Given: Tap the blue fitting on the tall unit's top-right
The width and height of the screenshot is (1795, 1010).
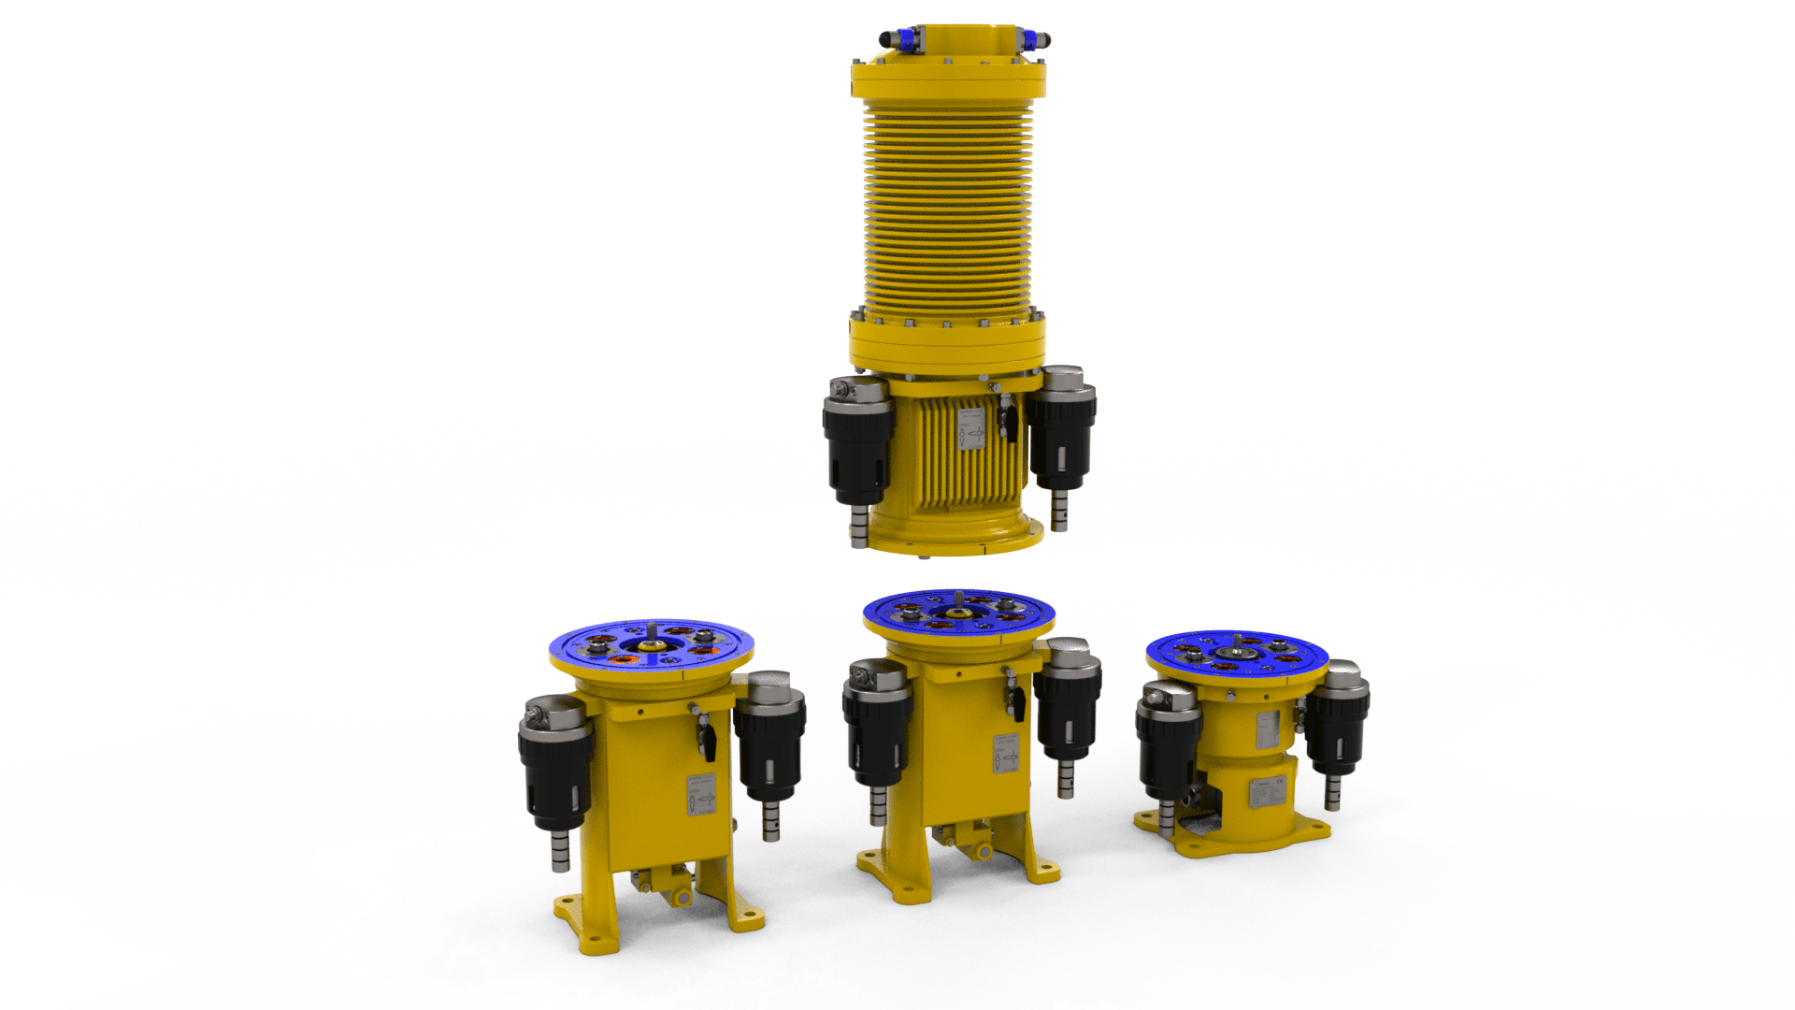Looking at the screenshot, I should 1031,39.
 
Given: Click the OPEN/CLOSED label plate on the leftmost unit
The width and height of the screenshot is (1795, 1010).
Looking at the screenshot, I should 701,796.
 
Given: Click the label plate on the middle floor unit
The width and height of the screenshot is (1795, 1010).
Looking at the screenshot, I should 1005,754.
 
